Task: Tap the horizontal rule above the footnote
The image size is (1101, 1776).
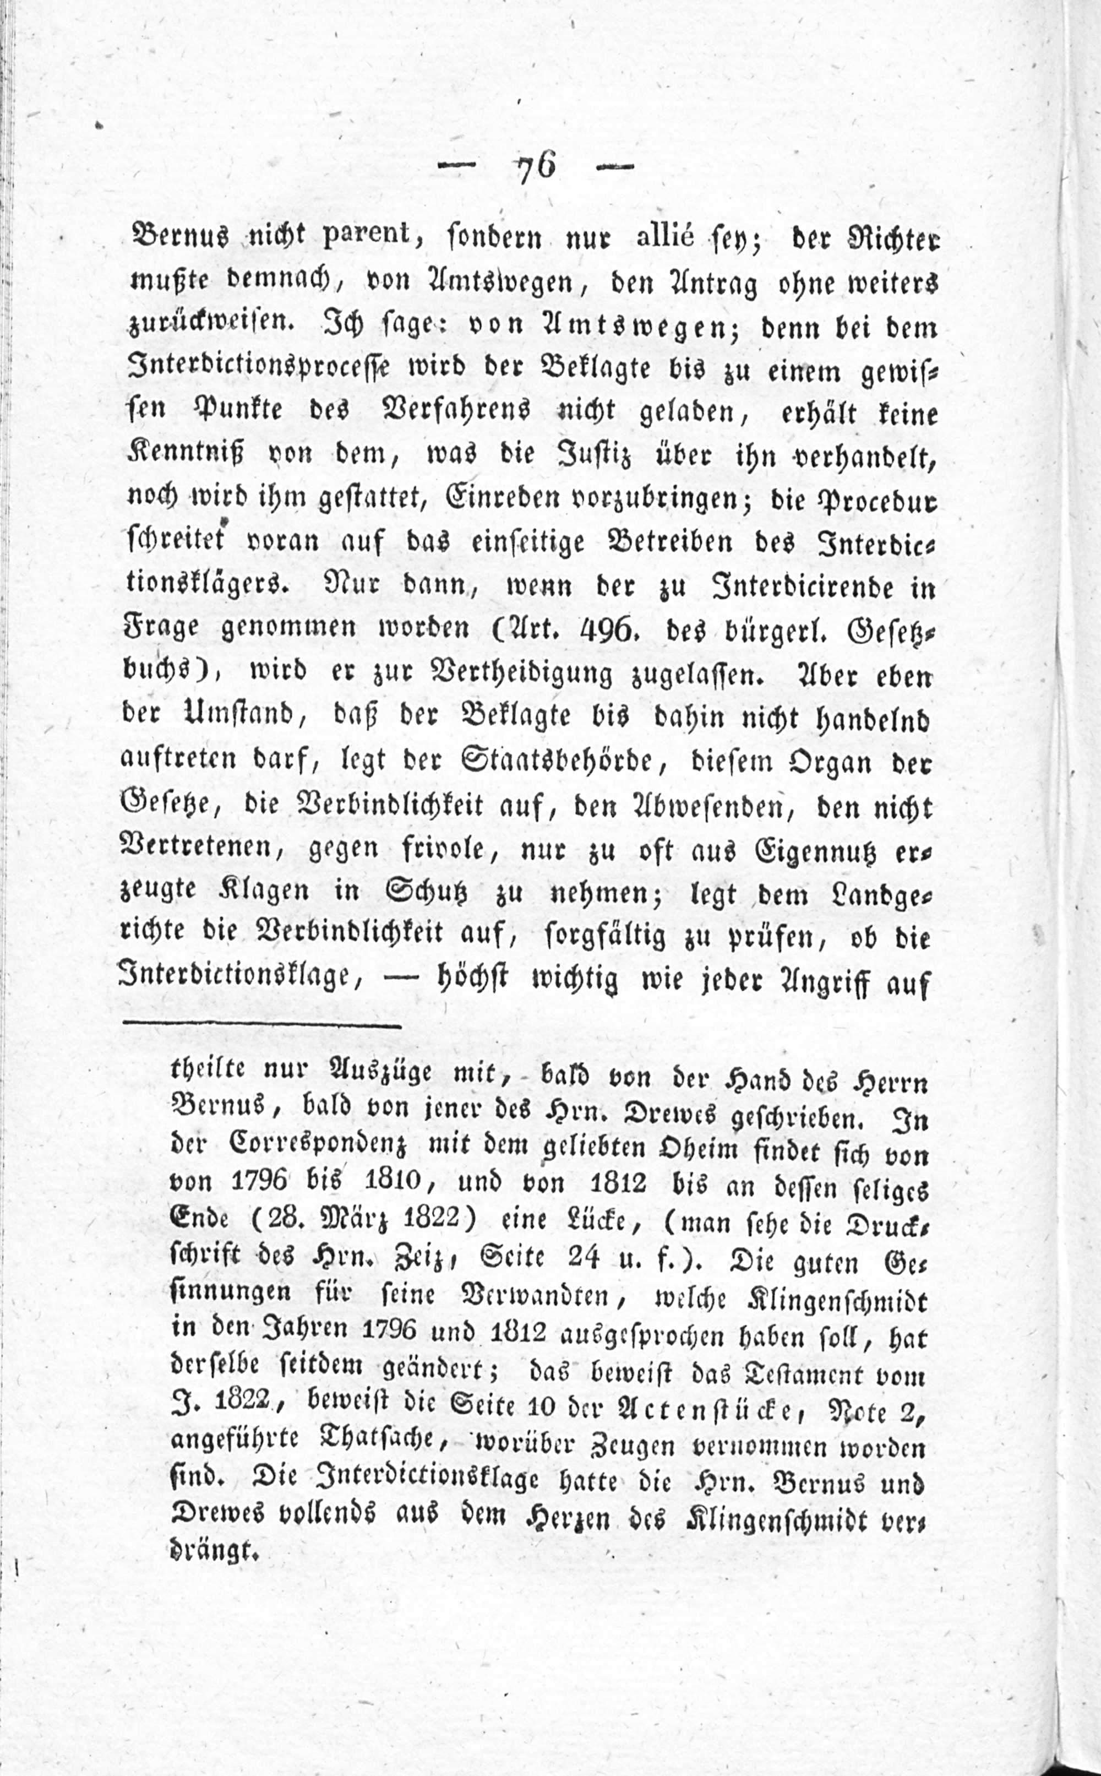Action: pyautogui.click(x=262, y=1027)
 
